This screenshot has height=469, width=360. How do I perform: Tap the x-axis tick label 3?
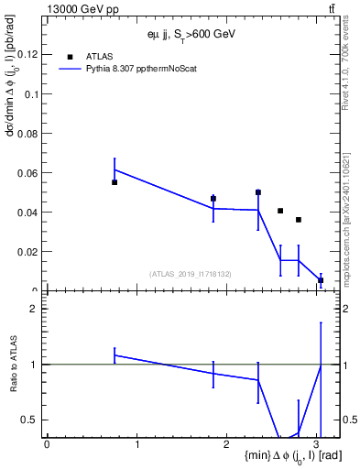pyautogui.click(x=317, y=445)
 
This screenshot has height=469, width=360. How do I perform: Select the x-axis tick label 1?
pyautogui.click(x=136, y=445)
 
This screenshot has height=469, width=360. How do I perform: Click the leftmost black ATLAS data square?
pyautogui.click(x=115, y=182)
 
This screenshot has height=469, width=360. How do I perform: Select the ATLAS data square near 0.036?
pyautogui.click(x=299, y=220)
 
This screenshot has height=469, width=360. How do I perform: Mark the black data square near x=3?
pyautogui.click(x=321, y=280)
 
